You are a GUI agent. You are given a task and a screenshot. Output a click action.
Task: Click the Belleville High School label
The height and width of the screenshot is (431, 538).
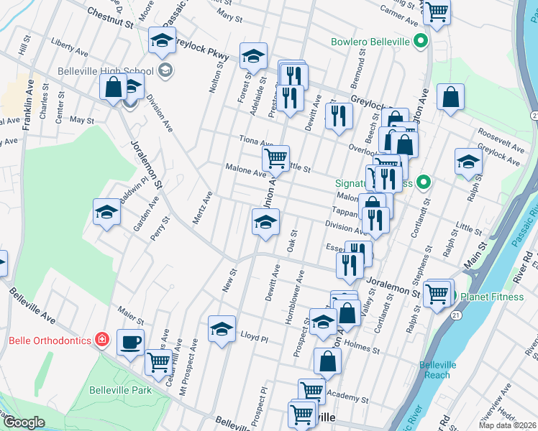108,70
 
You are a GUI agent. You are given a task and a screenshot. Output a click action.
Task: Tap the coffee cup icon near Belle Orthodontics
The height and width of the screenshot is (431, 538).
130,342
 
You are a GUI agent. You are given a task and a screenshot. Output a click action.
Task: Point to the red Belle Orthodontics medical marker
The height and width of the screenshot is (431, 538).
102,338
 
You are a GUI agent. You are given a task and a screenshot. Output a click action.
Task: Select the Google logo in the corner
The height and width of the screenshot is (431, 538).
24,422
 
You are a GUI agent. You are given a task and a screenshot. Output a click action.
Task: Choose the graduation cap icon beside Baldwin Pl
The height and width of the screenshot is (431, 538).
106,212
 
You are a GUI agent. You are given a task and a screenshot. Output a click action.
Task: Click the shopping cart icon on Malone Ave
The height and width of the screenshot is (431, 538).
275,158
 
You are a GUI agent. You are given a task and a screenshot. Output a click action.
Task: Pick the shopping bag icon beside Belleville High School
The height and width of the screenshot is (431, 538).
114,88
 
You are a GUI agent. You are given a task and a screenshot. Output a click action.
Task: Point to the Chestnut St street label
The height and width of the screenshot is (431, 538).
110,18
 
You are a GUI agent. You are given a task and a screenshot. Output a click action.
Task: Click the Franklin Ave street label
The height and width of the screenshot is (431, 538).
28,105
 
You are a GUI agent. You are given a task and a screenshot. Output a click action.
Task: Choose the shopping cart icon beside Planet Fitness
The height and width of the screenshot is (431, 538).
437,293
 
